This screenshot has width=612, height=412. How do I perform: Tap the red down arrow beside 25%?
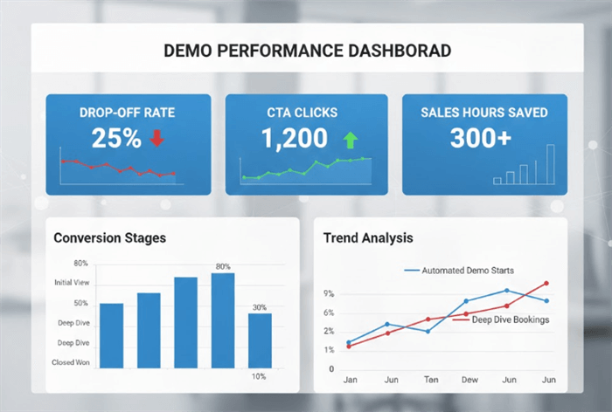pyautogui.click(x=157, y=138)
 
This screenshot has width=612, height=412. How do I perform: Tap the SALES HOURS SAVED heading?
pyautogui.click(x=484, y=113)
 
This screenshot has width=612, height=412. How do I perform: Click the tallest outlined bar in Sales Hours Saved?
pyautogui.click(x=550, y=164)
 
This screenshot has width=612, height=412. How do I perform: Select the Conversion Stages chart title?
pyautogui.click(x=109, y=237)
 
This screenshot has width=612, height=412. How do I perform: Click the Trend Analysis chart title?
pyautogui.click(x=368, y=237)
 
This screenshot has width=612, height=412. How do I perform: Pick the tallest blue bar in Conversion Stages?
pyautogui.click(x=223, y=319)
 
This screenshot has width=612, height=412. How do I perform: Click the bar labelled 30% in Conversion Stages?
pyautogui.click(x=260, y=340)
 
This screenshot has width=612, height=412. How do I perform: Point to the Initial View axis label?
pyautogui.click(x=71, y=283)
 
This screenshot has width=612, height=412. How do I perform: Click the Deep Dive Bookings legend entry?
pyautogui.click(x=510, y=319)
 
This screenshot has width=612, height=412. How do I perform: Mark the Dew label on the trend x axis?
pyautogui.click(x=469, y=380)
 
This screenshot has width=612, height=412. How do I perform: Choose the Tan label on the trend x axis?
pyautogui.click(x=431, y=380)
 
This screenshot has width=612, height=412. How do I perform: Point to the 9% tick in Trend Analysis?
pyautogui.click(x=329, y=293)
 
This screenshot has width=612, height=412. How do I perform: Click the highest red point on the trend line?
pyautogui.click(x=546, y=283)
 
